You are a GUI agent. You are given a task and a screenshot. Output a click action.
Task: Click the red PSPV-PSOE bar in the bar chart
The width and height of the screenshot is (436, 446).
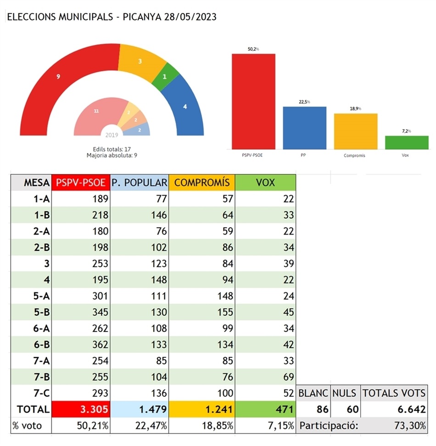point(253,102)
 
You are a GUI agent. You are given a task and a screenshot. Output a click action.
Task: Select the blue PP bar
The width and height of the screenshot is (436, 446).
point(304,128)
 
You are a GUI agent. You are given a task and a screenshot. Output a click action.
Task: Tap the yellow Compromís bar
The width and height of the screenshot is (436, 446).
point(355,131)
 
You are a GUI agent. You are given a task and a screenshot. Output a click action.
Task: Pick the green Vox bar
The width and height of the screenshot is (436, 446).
point(407,142)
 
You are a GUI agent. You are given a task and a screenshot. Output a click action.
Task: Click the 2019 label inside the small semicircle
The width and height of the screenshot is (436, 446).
point(112,135)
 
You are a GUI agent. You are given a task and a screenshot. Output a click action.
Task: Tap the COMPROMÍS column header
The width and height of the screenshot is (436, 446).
point(202,182)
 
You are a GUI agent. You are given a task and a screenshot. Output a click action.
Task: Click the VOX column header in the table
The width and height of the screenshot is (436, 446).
point(265,182)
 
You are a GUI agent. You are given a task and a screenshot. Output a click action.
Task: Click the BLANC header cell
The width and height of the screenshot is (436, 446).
point(313,393)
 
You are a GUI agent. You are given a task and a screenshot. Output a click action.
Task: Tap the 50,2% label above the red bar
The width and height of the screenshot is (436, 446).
point(253,48)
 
